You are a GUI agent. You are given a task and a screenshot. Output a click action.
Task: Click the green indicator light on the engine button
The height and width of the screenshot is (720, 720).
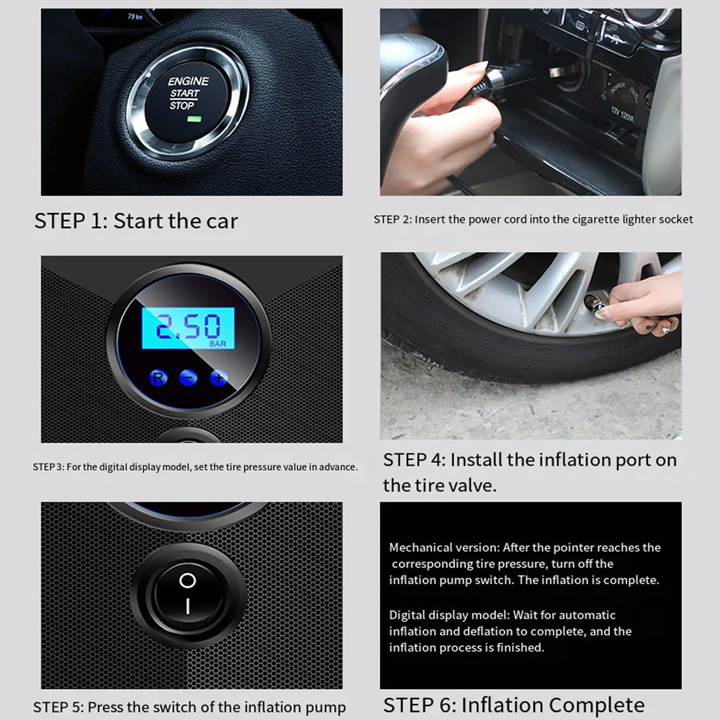coord(194,119)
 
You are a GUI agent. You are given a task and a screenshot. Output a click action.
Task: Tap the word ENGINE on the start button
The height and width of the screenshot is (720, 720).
coord(188,81)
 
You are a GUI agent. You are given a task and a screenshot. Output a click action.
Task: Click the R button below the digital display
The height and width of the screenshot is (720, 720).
coord(158,378)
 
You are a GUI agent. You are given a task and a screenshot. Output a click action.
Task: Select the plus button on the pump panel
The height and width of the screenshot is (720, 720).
coord(219,378)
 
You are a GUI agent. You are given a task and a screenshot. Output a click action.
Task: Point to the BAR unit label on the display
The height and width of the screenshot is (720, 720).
coord(217,344)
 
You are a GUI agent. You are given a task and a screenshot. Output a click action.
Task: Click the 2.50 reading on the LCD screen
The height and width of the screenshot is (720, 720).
coord(188,326)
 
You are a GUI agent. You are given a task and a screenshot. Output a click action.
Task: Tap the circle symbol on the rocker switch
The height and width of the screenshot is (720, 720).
coord(187,580)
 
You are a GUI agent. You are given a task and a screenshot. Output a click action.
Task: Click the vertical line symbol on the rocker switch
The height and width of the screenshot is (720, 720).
coord(188,606)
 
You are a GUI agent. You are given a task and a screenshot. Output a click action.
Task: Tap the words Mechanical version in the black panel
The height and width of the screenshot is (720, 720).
coord(444,547)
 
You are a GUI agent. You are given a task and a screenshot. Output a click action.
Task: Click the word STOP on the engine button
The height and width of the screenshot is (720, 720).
coord(182,106)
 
